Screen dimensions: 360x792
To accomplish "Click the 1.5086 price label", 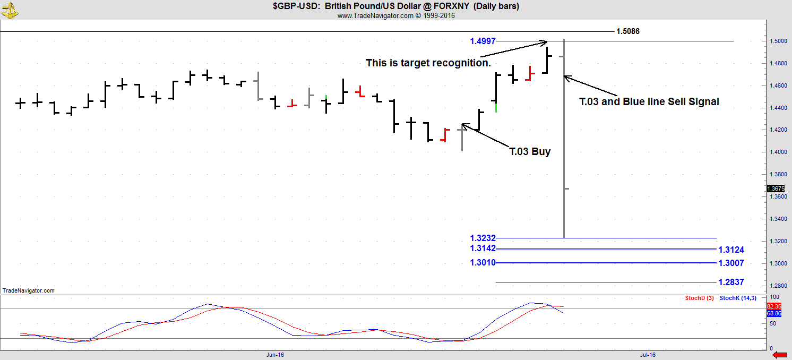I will [x=627, y=31].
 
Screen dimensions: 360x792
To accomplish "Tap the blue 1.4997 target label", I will [x=483, y=41].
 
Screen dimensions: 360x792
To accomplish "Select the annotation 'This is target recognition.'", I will [x=428, y=63].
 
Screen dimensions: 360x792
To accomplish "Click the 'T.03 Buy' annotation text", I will [x=530, y=152].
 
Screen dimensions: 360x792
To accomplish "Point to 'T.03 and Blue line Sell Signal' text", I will [x=649, y=101].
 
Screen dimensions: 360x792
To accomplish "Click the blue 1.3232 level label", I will [x=483, y=238].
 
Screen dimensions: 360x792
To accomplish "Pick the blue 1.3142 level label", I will [x=483, y=248].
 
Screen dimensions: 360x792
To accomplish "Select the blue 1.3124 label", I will [x=731, y=250].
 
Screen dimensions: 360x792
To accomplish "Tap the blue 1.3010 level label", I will [x=483, y=263].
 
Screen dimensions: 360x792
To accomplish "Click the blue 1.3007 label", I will [x=731, y=263].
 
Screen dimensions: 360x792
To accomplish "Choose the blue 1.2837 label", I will [x=731, y=282].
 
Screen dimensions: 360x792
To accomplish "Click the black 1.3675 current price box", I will [x=775, y=188].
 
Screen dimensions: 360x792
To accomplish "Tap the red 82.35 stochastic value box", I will [x=774, y=306].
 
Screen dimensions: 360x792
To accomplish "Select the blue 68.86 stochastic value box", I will [x=774, y=314].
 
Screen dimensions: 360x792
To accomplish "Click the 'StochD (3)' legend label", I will [x=699, y=298].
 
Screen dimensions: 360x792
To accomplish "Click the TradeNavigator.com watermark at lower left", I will [x=29, y=290].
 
